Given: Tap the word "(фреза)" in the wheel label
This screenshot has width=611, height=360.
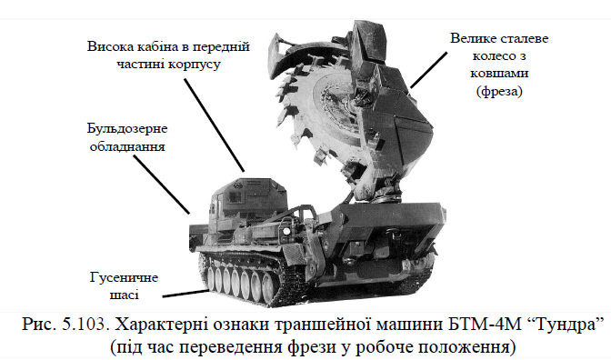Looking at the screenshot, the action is (x=499, y=91).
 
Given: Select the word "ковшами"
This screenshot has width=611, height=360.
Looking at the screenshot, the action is (x=499, y=74).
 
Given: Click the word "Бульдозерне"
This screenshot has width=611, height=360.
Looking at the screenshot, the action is (x=127, y=129).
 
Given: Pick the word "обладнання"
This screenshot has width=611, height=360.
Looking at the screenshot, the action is (x=127, y=146).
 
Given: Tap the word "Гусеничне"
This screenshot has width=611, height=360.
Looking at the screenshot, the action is (x=124, y=277).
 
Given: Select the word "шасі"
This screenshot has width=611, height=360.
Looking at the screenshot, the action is (x=124, y=295).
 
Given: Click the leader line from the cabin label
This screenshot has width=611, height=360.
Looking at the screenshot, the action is (x=215, y=125).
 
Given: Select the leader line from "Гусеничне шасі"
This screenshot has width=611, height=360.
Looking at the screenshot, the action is (x=185, y=294).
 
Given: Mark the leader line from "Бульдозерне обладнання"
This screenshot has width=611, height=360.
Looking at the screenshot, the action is (x=162, y=185).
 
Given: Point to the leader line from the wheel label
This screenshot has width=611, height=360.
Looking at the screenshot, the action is (x=428, y=70).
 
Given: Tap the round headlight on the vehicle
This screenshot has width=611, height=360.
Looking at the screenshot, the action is (x=286, y=231).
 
